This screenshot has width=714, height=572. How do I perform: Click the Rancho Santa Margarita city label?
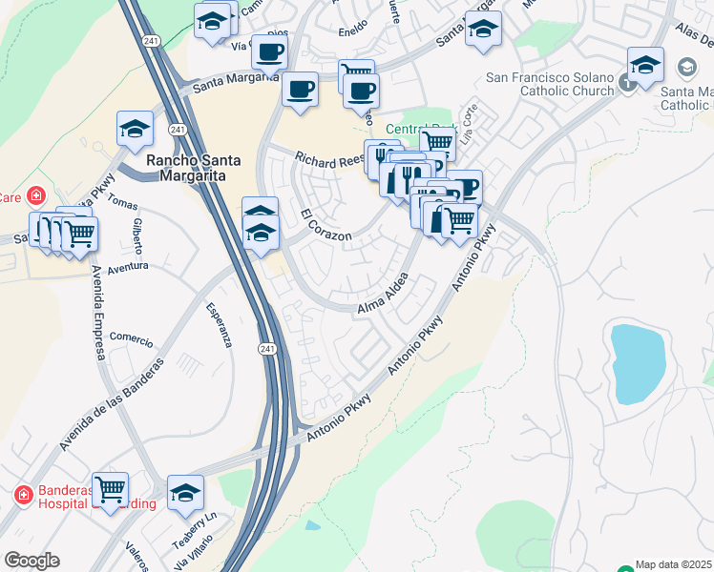(x=193, y=168)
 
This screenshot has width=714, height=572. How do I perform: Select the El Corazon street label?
(x=325, y=225)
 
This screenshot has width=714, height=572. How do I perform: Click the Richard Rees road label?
(x=329, y=159)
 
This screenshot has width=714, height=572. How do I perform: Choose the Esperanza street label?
(x=220, y=326)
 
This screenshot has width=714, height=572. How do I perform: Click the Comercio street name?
(x=131, y=337)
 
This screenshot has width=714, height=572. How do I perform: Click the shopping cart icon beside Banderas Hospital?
(x=110, y=490)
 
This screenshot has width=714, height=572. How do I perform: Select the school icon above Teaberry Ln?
(x=185, y=492)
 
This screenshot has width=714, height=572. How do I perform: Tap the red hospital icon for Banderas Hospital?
(x=23, y=495)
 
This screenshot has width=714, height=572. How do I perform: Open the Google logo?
(x=31, y=561)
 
